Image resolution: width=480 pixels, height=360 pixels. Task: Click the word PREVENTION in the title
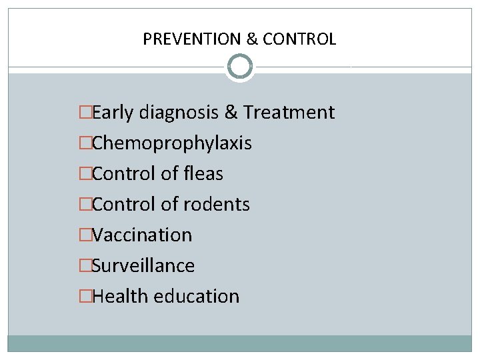[x=192, y=39]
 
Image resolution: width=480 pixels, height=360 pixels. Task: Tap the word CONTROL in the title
[x=299, y=39]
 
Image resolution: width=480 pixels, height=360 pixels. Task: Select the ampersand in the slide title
[x=252, y=39]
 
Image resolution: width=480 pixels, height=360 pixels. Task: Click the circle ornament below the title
[x=240, y=67]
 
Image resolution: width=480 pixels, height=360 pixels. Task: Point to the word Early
[x=114, y=113]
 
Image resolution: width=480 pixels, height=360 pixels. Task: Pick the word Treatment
[x=289, y=113]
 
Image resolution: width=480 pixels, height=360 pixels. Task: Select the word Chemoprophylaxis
[x=172, y=143]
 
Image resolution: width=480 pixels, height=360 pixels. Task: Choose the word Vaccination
[x=142, y=235]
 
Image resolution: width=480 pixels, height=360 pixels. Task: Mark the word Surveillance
[x=143, y=266]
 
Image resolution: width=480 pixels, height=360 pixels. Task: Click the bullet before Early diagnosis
[x=85, y=113]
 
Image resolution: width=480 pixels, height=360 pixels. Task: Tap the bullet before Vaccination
[x=85, y=235]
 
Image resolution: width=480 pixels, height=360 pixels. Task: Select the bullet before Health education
[x=85, y=297]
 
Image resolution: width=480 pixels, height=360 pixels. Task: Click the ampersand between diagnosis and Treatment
[x=231, y=113]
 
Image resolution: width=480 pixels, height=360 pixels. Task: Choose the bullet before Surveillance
[x=85, y=266]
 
